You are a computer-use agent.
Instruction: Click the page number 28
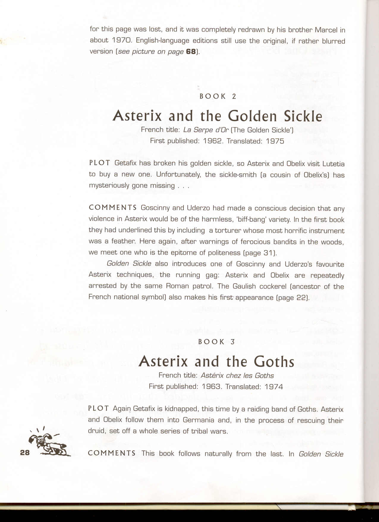25,452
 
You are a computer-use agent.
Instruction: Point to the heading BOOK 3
216,342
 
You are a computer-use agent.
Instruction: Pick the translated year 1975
275,141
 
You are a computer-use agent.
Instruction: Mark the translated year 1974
274,387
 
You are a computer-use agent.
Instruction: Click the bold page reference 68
191,51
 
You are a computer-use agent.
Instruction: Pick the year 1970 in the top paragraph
122,40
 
